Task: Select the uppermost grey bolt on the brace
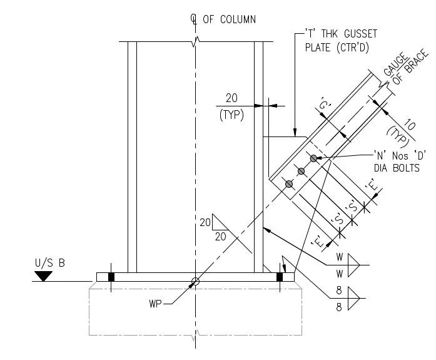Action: (314, 158)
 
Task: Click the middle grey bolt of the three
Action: (302, 171)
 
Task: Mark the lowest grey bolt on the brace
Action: (288, 184)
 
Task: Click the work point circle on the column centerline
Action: (195, 282)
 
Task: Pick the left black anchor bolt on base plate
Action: (111, 277)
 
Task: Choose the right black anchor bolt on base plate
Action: (280, 277)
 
